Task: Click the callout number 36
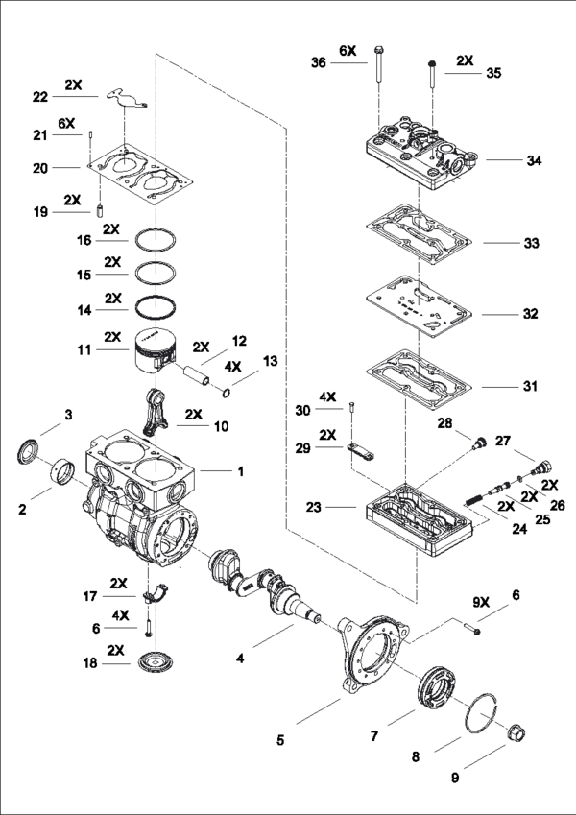[x=318, y=63]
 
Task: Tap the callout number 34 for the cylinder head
[x=534, y=160]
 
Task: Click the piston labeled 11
[x=154, y=349]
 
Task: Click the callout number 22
[x=40, y=97]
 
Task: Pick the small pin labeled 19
[x=100, y=212]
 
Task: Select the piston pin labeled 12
[x=196, y=375]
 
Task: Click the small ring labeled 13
[x=227, y=393]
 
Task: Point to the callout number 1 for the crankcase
[x=240, y=471]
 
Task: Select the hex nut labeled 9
[x=516, y=732]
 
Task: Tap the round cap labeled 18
[x=156, y=662]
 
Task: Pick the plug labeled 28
[x=478, y=443]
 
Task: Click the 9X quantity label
[x=481, y=603]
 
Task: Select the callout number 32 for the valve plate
[x=530, y=314]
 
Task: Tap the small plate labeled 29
[x=359, y=452]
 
